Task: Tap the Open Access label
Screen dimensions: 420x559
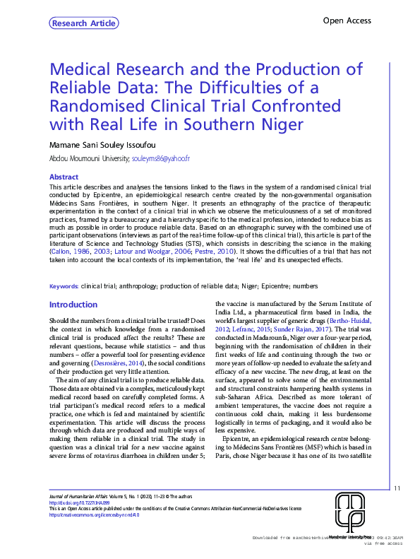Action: pyautogui.click(x=347, y=21)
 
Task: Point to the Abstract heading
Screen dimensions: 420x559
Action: pyautogui.click(x=63, y=177)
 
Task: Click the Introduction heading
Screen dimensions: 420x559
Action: pyautogui.click(x=73, y=305)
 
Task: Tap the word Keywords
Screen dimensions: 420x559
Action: pyautogui.click(x=63, y=286)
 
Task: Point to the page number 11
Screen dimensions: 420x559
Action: pyautogui.click(x=397, y=488)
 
